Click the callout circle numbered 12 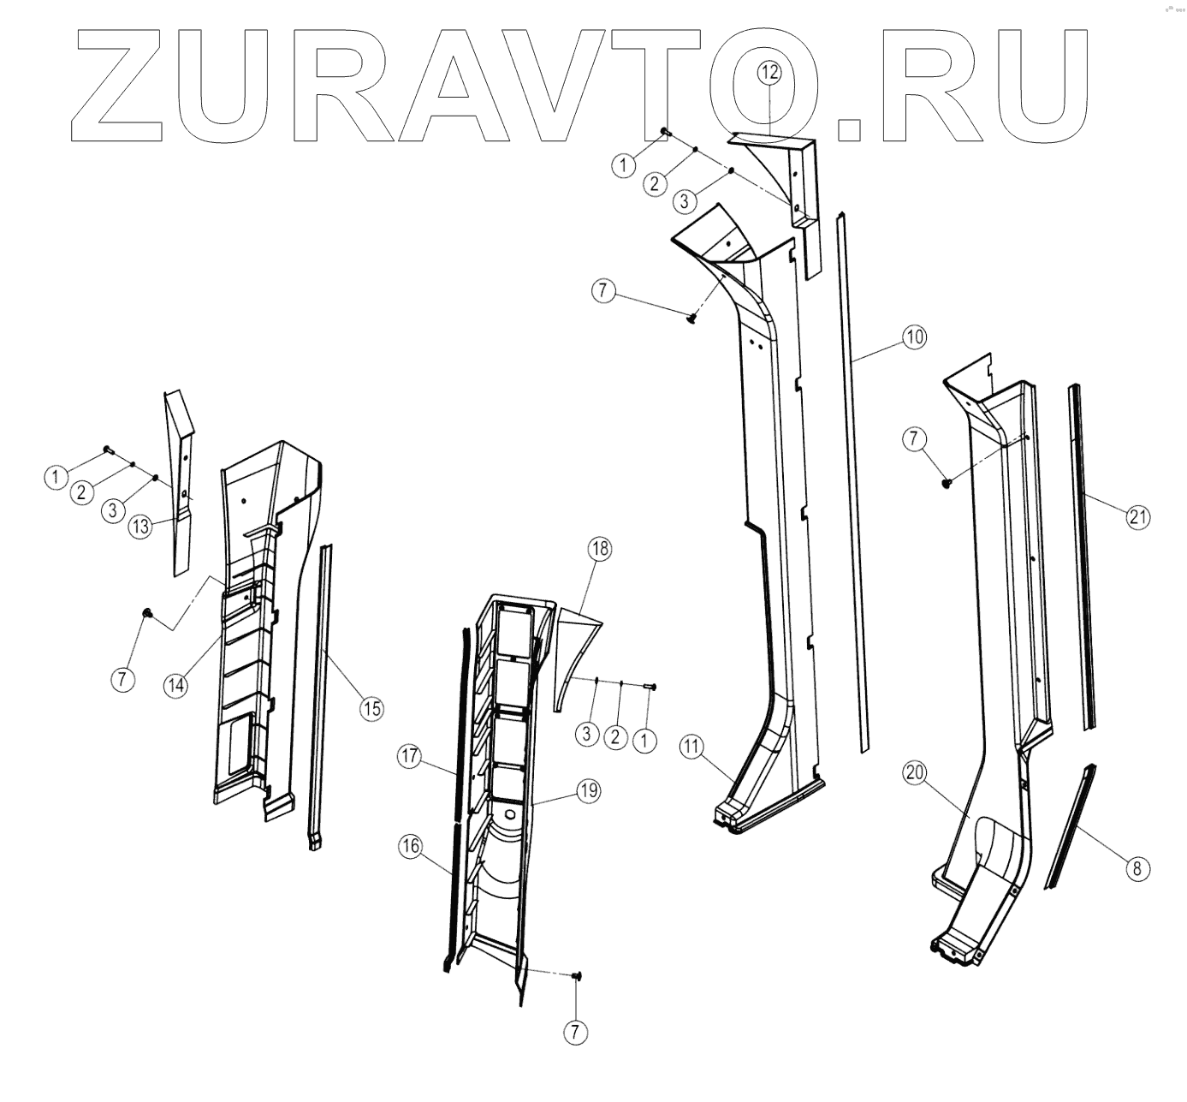click(769, 73)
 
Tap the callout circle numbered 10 click(914, 337)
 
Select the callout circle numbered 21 click(1137, 516)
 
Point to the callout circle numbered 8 click(1137, 869)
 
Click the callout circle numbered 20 click(915, 772)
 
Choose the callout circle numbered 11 click(691, 746)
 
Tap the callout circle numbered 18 click(599, 549)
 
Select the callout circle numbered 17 click(410, 756)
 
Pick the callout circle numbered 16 click(411, 847)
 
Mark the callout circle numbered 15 click(371, 708)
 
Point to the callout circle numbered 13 click(139, 527)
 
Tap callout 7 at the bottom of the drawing click(575, 1032)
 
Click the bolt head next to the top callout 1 click(664, 132)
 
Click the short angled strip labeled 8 click(1069, 826)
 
